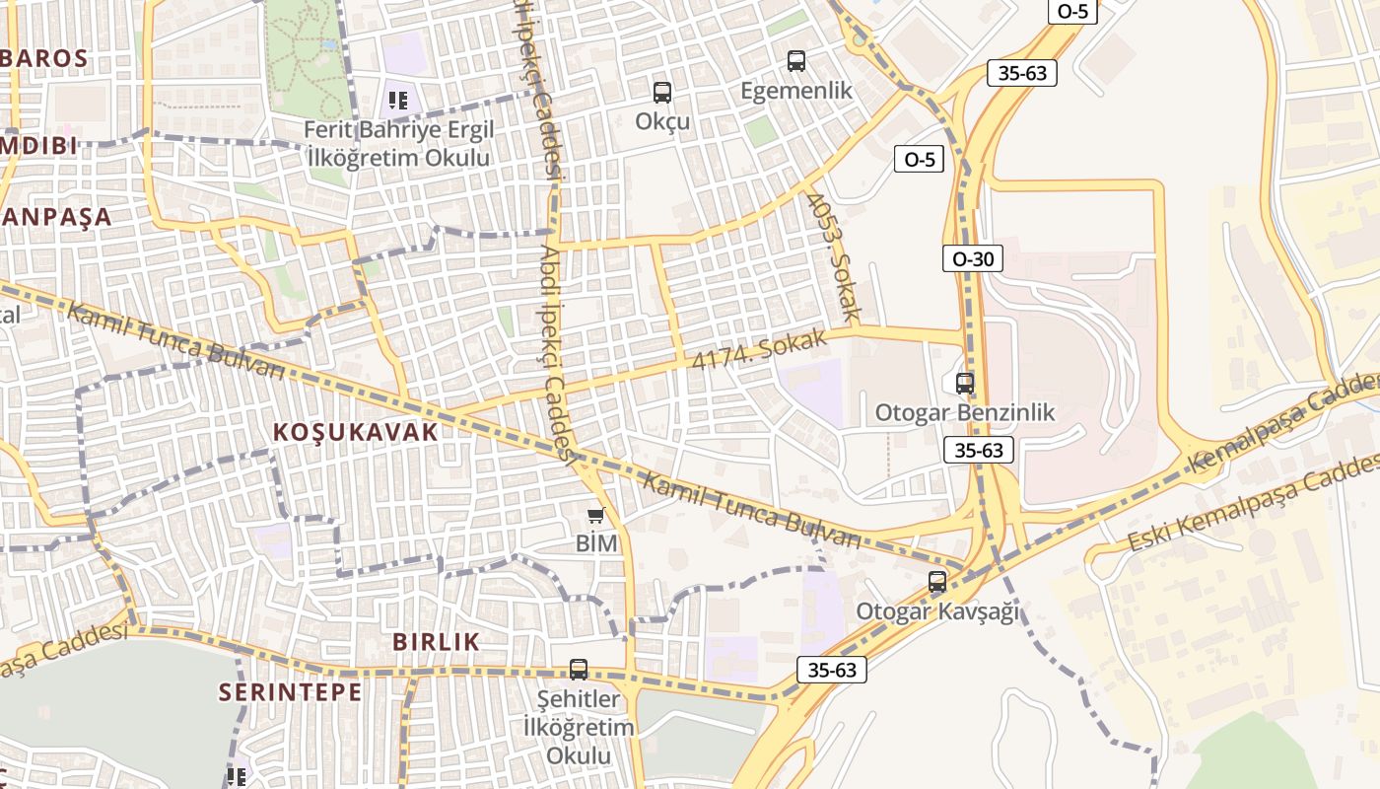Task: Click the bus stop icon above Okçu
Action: pos(662,93)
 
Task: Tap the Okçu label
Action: pos(662,122)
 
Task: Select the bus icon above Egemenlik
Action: pos(796,61)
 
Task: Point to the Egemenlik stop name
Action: pos(796,91)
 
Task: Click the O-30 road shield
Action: pos(972,258)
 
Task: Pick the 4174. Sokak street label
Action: pos(759,350)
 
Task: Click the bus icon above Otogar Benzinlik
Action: pos(965,383)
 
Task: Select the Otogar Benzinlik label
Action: pos(965,412)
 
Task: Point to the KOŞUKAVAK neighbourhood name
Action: pos(355,432)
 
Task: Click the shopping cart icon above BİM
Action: pos(596,515)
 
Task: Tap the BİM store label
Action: pos(596,543)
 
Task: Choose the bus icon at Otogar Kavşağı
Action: pos(937,582)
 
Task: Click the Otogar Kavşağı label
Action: pos(937,611)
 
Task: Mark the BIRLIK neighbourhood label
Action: pos(437,642)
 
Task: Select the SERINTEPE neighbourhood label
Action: pos(291,692)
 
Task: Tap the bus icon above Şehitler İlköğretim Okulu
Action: pos(579,670)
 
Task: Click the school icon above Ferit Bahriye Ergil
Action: pos(398,100)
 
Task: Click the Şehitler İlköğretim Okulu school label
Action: pos(579,728)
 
